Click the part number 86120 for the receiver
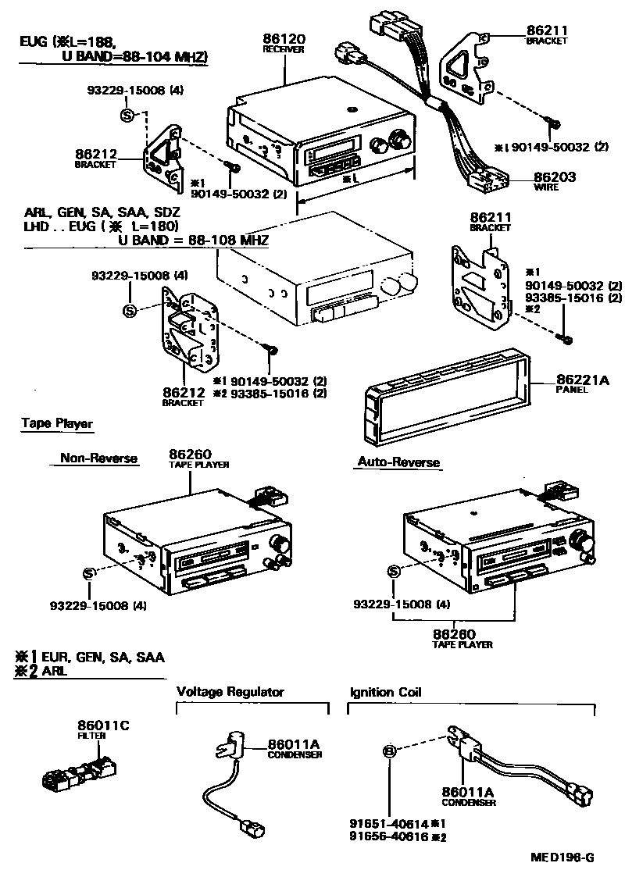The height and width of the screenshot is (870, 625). tap(284, 38)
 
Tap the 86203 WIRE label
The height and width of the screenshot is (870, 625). tap(555, 178)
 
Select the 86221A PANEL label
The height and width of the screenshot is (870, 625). tap(582, 382)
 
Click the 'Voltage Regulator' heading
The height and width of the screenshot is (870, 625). tap(230, 692)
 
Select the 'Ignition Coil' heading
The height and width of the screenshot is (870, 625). tap(385, 692)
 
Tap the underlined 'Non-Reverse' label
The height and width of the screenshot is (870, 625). tap(98, 459)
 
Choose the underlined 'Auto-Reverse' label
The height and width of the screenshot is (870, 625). tap(398, 462)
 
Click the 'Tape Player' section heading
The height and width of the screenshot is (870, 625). tap(57, 424)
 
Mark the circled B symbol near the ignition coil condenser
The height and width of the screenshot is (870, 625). tap(390, 751)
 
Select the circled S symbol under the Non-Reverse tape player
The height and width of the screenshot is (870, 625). tap(88, 575)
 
